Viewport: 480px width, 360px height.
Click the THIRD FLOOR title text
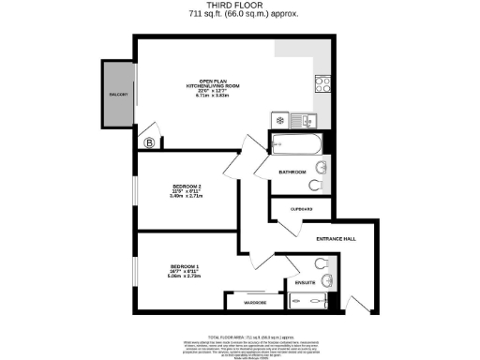[239, 6]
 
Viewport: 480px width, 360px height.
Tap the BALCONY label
[117, 95]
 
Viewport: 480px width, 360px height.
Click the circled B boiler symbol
[150, 142]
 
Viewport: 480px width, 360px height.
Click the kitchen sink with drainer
[304, 120]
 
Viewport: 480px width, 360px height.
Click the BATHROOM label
[293, 172]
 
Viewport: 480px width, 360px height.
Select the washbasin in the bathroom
[322, 169]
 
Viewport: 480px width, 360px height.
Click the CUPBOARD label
[300, 209]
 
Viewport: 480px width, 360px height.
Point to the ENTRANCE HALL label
[336, 239]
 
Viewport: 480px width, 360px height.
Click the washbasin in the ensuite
[325, 279]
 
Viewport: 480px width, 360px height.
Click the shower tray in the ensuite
[309, 301]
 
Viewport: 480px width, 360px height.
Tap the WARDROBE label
[255, 303]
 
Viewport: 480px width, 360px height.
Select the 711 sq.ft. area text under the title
[239, 15]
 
